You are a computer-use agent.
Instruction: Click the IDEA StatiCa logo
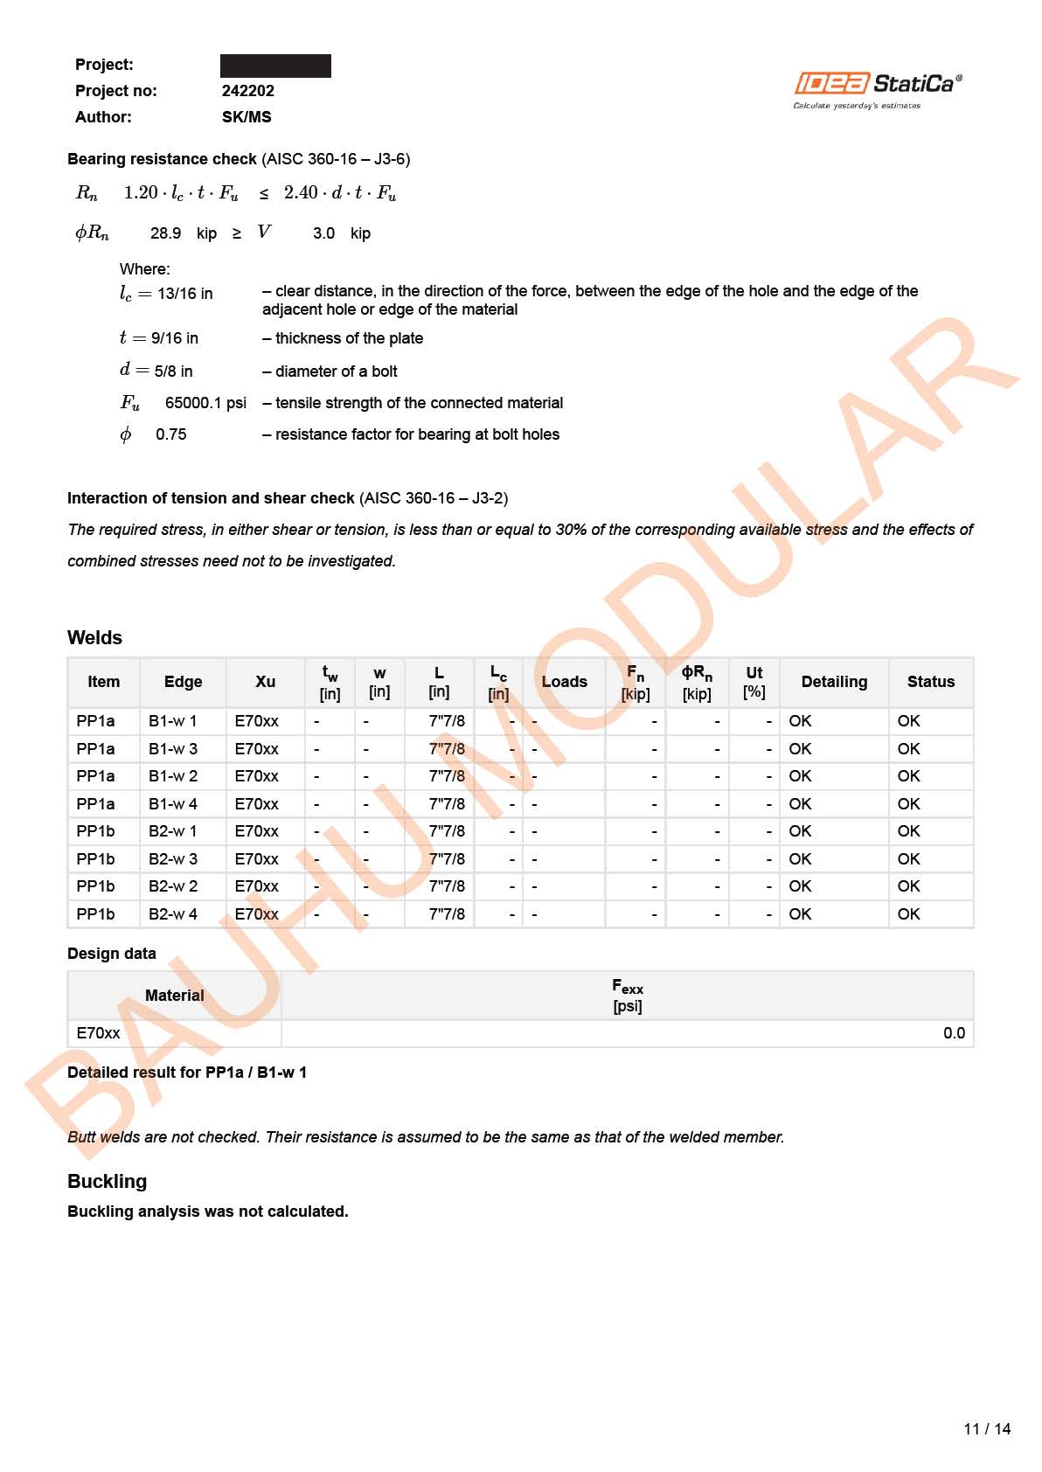(878, 89)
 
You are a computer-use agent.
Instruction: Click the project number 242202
(247, 91)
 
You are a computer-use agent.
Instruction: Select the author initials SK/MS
(247, 117)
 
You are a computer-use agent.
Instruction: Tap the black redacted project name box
(275, 66)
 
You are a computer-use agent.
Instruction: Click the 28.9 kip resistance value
(165, 233)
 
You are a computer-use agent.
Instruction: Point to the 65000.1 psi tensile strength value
(205, 403)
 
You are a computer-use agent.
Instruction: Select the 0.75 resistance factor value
(170, 434)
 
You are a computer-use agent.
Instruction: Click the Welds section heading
(94, 637)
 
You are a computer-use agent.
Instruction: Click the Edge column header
(183, 682)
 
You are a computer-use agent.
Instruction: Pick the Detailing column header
(834, 682)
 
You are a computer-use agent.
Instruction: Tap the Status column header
(930, 682)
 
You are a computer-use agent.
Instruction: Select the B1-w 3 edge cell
(173, 749)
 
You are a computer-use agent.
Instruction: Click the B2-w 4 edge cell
(173, 914)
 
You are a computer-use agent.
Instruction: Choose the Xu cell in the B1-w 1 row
(256, 721)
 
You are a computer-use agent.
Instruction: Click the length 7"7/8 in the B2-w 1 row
(447, 831)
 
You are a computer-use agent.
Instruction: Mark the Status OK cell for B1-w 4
(908, 804)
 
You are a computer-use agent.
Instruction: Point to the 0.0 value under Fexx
(954, 1033)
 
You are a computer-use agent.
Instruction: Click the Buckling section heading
(107, 1181)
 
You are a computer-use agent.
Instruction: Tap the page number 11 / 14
(987, 1429)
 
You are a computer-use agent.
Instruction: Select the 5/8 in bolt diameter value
(173, 371)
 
